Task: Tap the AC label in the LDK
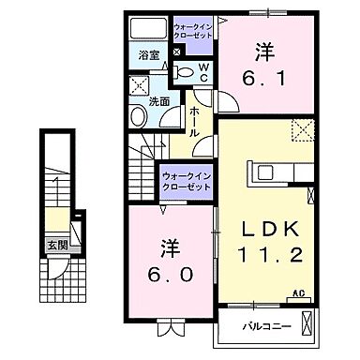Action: [x=299, y=293]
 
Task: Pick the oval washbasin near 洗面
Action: [x=138, y=116]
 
